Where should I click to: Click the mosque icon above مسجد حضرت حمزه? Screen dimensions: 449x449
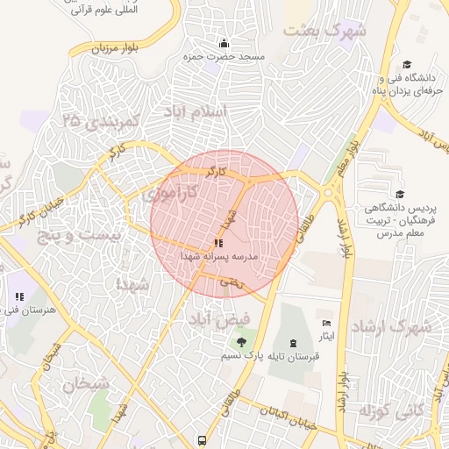click(224, 44)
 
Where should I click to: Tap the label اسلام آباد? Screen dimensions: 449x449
click(196, 111)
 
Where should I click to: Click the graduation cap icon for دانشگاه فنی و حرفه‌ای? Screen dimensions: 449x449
click(407, 64)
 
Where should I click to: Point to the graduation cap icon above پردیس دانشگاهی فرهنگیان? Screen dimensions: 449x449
click(400, 195)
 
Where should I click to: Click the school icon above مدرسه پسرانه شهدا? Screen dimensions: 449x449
click(217, 243)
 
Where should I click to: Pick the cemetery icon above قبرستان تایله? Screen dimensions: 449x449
click(293, 342)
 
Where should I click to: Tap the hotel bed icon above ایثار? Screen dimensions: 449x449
click(328, 323)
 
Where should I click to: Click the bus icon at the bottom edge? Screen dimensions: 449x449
click(203, 440)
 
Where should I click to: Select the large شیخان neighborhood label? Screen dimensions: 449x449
click(85, 383)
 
